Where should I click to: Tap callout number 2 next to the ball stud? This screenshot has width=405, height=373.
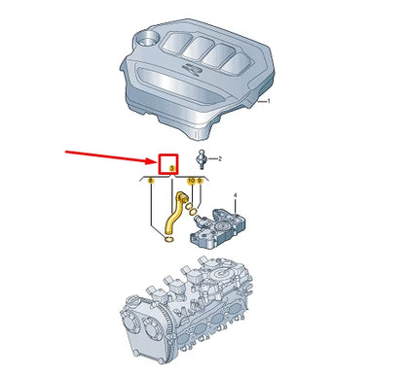coord(220,158)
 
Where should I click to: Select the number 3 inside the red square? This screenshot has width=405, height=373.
coord(171,168)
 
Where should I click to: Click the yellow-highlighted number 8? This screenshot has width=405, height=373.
coord(151,181)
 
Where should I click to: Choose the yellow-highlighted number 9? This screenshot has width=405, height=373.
coord(200,181)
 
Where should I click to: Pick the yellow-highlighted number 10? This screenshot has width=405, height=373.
coord(191,181)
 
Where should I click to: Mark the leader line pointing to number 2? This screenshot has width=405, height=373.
coord(211,157)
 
